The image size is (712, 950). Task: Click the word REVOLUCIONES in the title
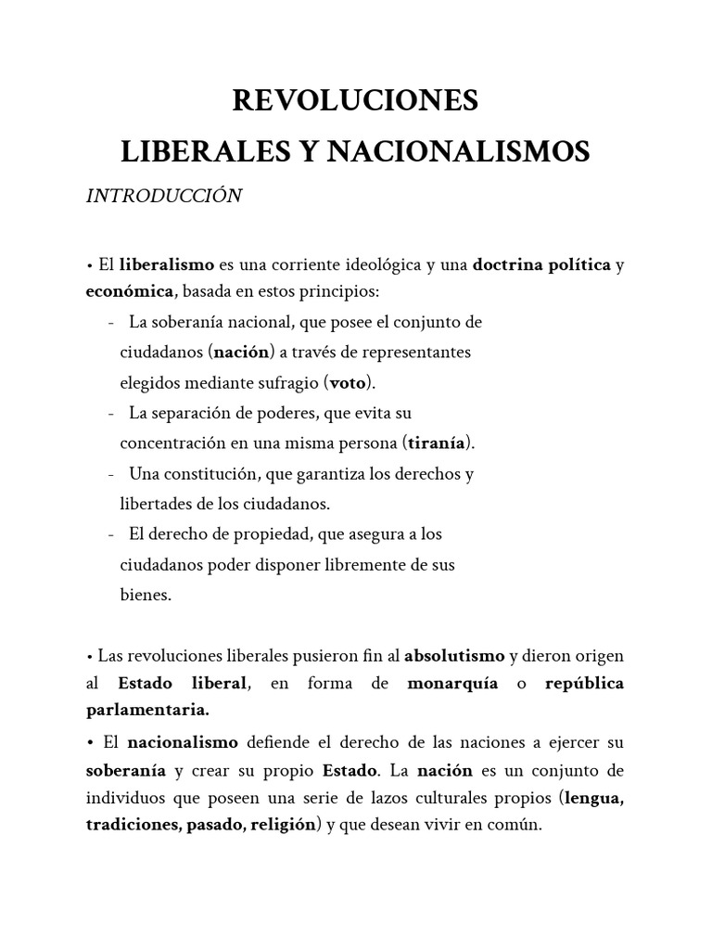(x=356, y=100)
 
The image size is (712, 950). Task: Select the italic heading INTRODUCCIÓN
(x=164, y=196)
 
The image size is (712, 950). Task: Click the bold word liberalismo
(x=167, y=265)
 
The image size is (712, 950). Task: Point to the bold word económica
(x=130, y=291)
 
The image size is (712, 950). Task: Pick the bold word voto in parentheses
(x=349, y=382)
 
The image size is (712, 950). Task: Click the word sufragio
(x=288, y=382)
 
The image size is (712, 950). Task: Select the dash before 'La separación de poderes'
(x=111, y=412)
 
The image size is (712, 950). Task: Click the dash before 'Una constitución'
(x=111, y=474)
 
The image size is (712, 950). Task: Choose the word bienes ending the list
(x=146, y=596)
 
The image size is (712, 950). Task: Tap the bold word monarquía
(x=452, y=684)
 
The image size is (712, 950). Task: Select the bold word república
(x=585, y=684)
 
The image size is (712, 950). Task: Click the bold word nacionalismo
(x=183, y=743)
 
